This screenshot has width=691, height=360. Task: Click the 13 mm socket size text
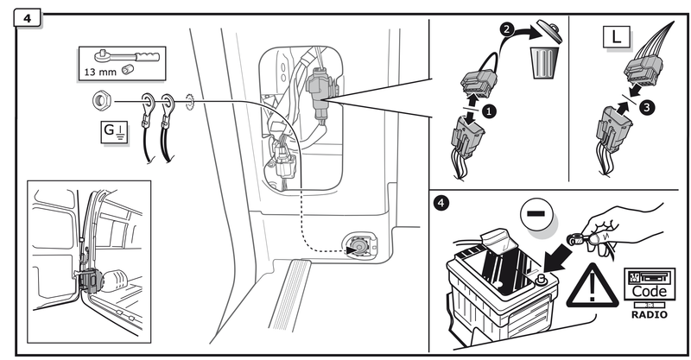pos(100,72)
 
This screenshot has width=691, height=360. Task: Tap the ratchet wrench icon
pos(126,57)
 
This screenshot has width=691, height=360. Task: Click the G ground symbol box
pos(115,132)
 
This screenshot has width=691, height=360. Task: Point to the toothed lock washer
pos(190,102)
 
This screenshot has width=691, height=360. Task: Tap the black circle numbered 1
pos(489,111)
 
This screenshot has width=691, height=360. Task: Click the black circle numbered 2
pos(507,29)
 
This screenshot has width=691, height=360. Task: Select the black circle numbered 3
pos(647,107)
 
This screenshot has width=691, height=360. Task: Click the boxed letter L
pos(616,37)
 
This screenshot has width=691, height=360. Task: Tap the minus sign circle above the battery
pos(536,214)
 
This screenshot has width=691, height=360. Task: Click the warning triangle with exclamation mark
pos(593,287)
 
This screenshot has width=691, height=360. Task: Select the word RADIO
pos(650,314)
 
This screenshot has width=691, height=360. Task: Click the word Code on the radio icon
pos(650,291)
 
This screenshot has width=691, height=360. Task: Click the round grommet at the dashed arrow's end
pos(358,245)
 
